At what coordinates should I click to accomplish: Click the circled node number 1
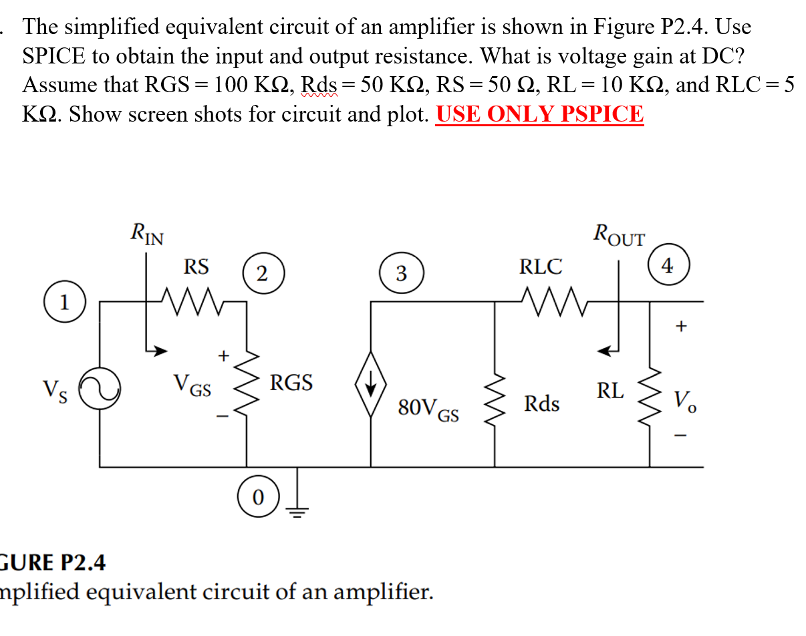point(64,302)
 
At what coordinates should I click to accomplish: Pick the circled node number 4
point(666,266)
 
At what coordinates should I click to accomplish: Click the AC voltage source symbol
point(100,390)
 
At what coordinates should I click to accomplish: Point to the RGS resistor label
point(291,383)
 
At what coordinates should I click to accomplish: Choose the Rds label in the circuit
point(541,404)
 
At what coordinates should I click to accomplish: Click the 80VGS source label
point(428,408)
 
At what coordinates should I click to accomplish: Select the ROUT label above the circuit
point(618,235)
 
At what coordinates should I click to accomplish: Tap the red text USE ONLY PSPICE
point(539,114)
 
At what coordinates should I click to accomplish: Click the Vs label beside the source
point(54,388)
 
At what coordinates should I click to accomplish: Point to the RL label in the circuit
point(610,390)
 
